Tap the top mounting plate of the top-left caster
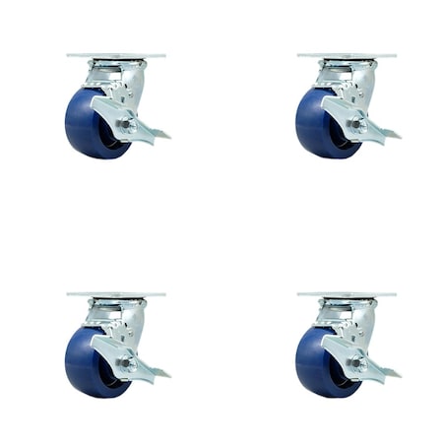coord(116,55)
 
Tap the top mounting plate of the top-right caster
coord(347,55)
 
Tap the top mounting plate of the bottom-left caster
coord(116,294)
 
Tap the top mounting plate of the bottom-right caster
coord(347,294)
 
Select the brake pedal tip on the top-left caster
coord(161,134)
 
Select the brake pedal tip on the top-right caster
coord(392,134)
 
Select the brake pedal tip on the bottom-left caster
coord(161,373)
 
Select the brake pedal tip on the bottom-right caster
coord(392,373)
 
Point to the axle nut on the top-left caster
coord(125,126)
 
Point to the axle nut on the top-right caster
coord(355,126)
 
